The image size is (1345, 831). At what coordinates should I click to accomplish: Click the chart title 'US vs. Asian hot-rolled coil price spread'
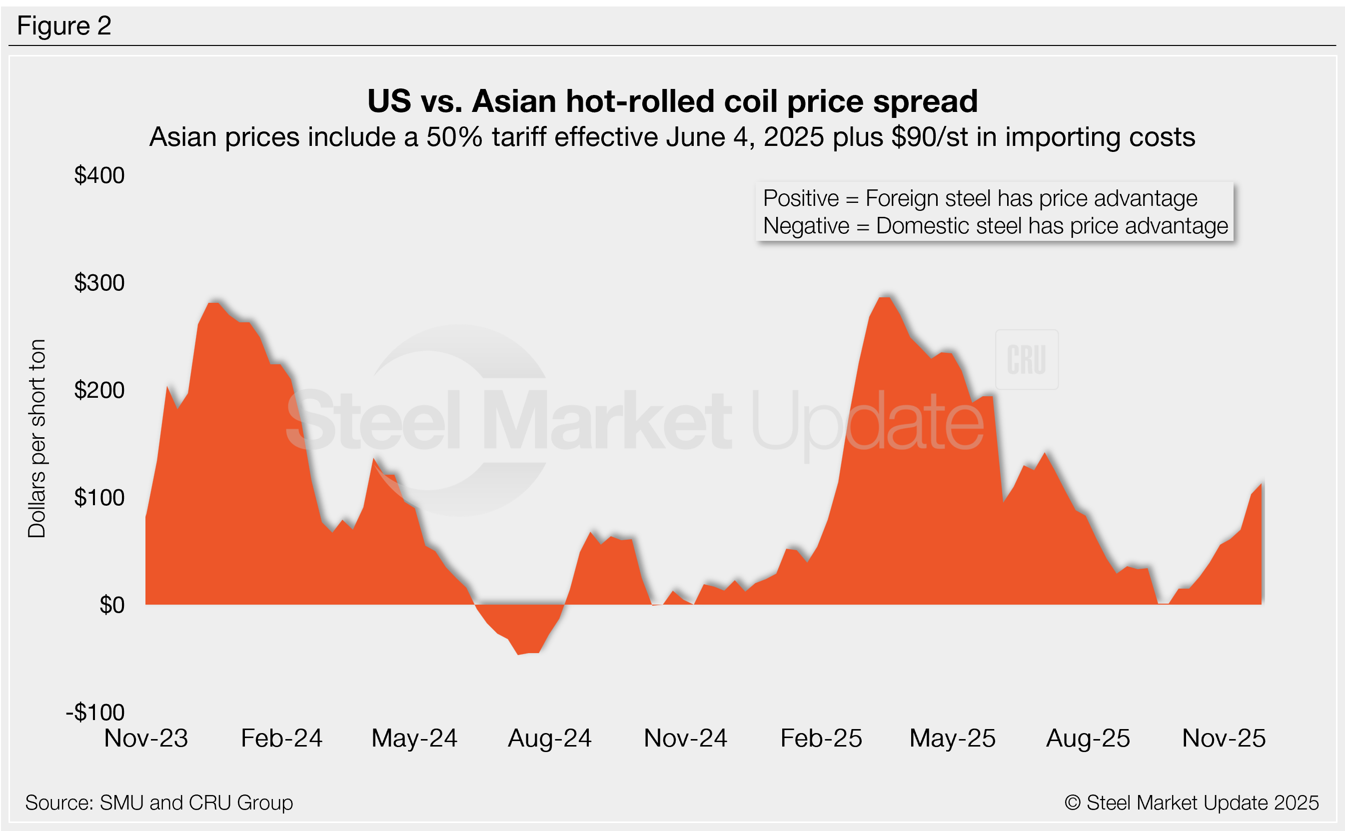[x=672, y=101]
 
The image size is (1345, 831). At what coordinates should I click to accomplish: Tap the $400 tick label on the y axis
[x=99, y=175]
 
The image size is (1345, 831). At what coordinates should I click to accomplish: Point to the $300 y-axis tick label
[x=99, y=283]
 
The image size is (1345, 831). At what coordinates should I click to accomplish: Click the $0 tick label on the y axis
[x=112, y=605]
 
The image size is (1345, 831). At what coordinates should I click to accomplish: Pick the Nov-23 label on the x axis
[x=146, y=738]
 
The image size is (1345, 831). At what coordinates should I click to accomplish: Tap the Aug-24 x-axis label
[x=550, y=738]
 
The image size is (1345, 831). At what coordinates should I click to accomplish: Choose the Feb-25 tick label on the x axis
[x=821, y=738]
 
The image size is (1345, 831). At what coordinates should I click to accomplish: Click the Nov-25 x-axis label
[x=1224, y=738]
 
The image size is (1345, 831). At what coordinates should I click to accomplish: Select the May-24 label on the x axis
[x=414, y=738]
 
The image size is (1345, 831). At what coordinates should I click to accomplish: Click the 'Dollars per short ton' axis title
[x=37, y=439]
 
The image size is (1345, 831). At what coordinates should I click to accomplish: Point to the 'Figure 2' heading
[x=64, y=26]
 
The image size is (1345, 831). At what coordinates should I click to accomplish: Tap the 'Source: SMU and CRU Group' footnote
[x=159, y=803]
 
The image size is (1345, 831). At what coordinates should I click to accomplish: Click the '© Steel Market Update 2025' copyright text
[x=1192, y=803]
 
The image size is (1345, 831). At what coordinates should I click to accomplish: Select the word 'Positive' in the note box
[x=801, y=198]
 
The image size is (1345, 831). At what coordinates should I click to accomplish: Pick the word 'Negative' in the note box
[x=806, y=226]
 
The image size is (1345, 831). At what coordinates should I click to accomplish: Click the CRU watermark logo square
[x=1027, y=359]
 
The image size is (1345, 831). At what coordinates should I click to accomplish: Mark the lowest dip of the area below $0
[x=519, y=654]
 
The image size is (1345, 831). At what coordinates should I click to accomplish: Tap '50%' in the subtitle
[x=454, y=137]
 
